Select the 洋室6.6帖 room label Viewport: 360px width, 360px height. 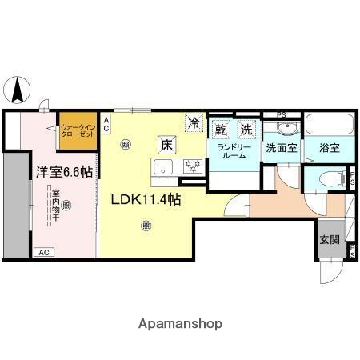[63, 171]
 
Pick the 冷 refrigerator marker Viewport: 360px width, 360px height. [194, 122]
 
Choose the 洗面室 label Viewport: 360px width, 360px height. [281, 148]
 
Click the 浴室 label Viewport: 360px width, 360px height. [328, 148]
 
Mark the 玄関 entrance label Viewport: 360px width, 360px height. [330, 240]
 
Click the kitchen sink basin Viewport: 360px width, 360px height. [164, 166]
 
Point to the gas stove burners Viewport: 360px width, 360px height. [192, 166]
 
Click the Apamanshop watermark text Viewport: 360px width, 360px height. [180, 323]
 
